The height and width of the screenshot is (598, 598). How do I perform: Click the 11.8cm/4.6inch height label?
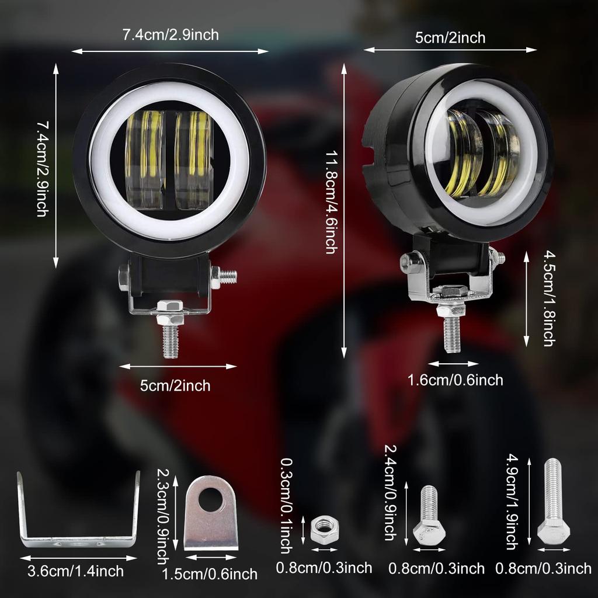coord(331,202)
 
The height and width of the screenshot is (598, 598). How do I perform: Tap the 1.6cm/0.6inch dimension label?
coord(455,380)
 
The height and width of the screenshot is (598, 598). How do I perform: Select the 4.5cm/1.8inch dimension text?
coord(548,298)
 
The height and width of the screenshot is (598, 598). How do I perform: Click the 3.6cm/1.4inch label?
coord(76,571)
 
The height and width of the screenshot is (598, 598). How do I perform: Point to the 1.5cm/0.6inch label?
coord(210,574)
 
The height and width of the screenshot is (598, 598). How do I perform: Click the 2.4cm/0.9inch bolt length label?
coord(390,492)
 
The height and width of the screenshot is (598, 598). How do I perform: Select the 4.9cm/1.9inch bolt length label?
coord(512,503)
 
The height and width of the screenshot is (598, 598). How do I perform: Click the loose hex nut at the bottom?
coord(322,530)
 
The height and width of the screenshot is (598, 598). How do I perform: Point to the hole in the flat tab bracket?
coord(210,499)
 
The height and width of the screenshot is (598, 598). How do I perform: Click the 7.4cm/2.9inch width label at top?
coord(171,35)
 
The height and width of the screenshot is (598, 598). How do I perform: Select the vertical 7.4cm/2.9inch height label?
coord(42,169)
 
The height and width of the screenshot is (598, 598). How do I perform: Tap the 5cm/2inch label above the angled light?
coord(450,38)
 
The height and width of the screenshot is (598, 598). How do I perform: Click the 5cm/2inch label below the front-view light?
coord(175,385)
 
